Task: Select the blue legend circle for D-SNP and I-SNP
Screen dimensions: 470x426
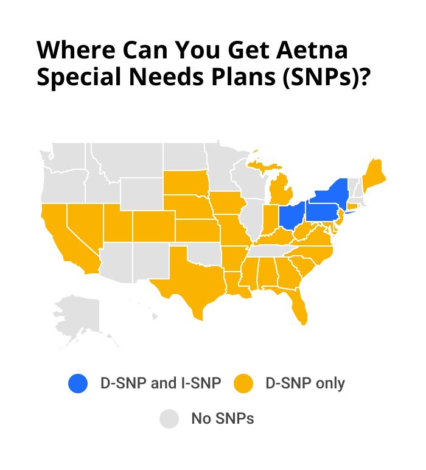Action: point(79,384)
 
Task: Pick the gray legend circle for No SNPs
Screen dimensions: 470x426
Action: point(169,419)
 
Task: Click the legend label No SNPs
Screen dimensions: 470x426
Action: point(222,419)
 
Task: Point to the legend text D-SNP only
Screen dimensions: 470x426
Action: point(305,384)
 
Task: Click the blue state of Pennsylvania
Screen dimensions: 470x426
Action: point(321,212)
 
